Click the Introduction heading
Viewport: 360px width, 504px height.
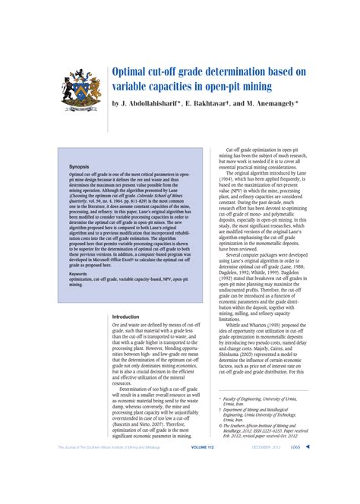[x=131, y=316]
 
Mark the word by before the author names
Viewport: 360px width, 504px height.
[x=116, y=102]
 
